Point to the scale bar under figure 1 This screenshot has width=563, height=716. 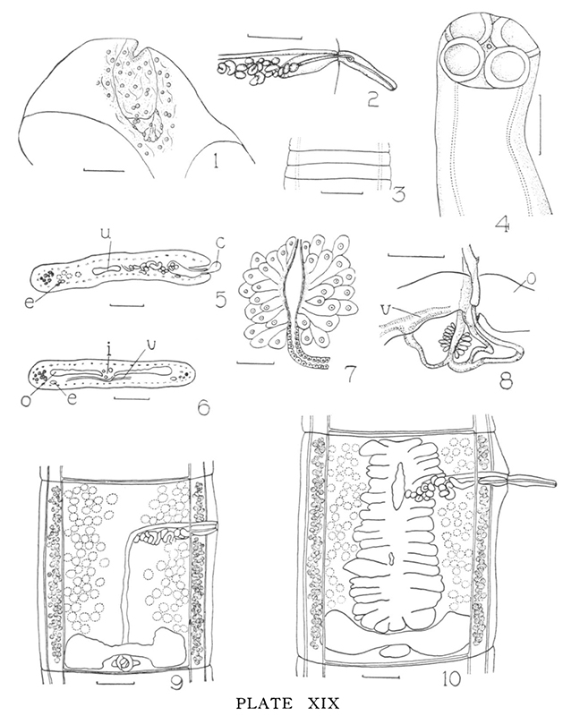click(x=104, y=171)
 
